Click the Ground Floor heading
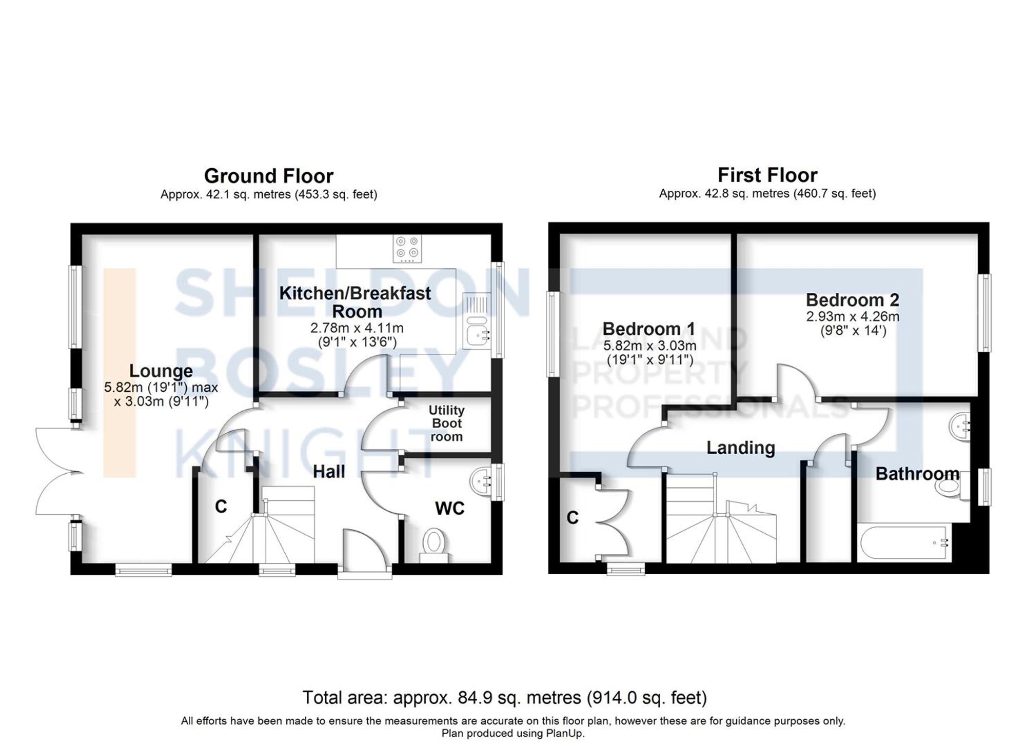click(268, 176)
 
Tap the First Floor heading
click(767, 175)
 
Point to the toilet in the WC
click(433, 544)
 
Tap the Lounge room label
click(161, 370)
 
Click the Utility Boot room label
click(446, 424)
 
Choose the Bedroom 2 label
click(852, 299)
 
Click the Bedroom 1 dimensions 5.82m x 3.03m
click(649, 346)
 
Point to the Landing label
click(740, 448)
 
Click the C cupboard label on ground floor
click(221, 507)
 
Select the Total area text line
click(504, 698)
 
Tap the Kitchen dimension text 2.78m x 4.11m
click(357, 328)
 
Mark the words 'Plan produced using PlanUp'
click(512, 734)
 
